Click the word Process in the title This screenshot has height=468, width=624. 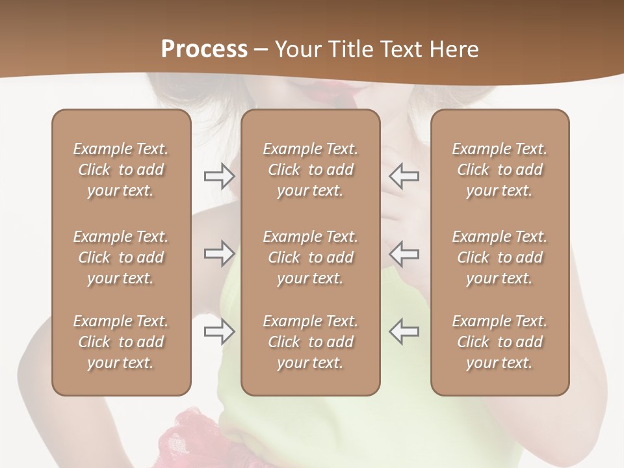tap(204, 49)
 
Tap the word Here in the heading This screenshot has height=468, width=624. tap(453, 49)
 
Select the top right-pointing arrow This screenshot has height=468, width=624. tap(220, 176)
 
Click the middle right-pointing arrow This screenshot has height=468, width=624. tap(220, 253)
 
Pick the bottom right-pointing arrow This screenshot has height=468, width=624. tap(220, 331)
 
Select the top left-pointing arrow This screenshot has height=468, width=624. tap(404, 176)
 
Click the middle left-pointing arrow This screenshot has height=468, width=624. tap(404, 253)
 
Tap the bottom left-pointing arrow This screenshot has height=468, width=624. tap(404, 331)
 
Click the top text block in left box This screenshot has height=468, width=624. tap(121, 170)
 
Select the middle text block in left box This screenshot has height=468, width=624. tap(121, 257)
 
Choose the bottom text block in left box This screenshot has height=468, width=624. tap(121, 342)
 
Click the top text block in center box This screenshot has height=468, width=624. tap(310, 170)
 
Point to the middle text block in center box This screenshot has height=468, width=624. tap(310, 257)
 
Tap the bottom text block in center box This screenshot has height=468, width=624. tap(310, 342)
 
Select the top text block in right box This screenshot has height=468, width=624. tap(500, 170)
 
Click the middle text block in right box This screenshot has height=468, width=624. tap(500, 257)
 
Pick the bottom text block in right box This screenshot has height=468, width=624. tap(500, 342)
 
